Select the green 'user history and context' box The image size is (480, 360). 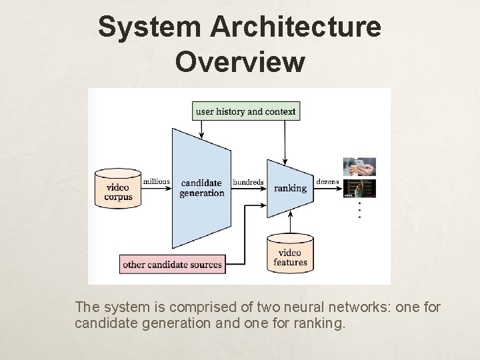(x=246, y=111)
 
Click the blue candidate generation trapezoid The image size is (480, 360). (x=201, y=187)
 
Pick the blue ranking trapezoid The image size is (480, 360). (x=289, y=187)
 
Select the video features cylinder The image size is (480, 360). (x=290, y=255)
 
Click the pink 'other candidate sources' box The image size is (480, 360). (x=172, y=264)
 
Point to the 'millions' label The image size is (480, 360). (x=156, y=181)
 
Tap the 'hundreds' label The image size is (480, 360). (x=248, y=181)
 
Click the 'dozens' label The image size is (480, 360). (x=328, y=181)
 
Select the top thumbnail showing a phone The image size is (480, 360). (x=359, y=167)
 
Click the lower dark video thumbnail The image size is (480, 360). (x=359, y=189)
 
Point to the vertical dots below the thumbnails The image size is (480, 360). (x=359, y=210)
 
